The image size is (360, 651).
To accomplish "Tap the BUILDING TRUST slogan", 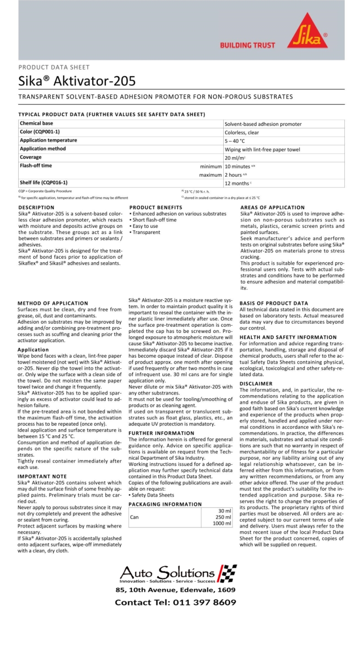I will coord(247,45).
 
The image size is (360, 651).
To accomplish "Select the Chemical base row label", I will coord(36,123).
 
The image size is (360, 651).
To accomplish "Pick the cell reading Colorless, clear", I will coord(242,132).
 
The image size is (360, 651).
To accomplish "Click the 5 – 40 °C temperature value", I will coord(235,141).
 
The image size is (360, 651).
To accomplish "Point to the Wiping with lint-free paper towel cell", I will coord(262,149).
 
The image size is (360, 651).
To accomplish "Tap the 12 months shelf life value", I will coord(237,183).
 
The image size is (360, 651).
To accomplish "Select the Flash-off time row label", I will coord(36,165).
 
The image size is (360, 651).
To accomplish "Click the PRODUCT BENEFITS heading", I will coord(156,208).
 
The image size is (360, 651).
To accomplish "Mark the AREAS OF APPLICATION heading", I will coord(272,208).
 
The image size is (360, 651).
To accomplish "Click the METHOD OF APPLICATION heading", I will coord(53,303).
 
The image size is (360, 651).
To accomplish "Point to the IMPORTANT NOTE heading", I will coord(42,476).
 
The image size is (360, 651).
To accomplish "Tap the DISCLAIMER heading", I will coord(256,384).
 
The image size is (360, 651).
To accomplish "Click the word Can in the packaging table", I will coord(134,517).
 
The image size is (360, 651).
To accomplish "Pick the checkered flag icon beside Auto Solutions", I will coord(227,572).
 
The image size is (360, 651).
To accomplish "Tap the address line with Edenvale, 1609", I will coord(175,590).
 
